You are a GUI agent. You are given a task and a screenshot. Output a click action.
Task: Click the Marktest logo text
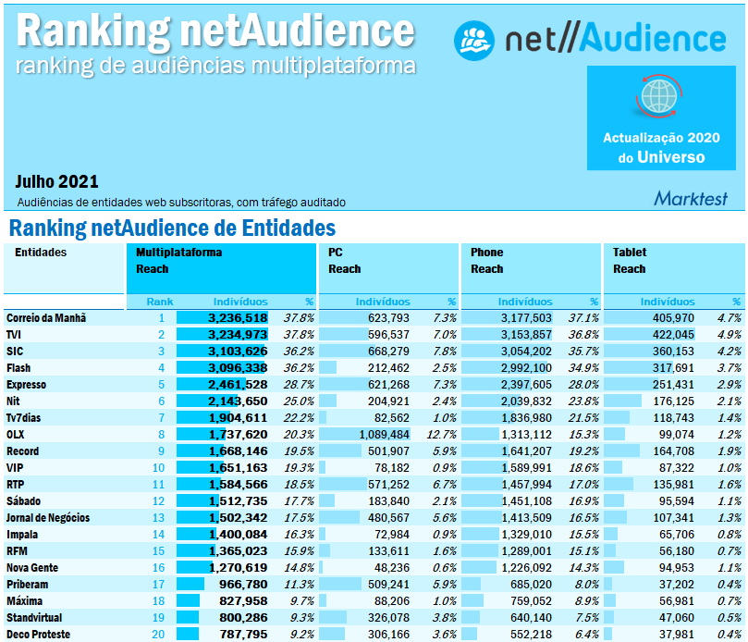click(x=690, y=198)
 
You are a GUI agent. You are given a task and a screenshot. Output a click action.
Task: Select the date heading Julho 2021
click(x=57, y=181)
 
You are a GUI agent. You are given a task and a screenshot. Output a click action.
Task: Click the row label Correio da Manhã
click(x=46, y=317)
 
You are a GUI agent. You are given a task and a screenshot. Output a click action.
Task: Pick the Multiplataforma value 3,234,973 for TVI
click(x=238, y=334)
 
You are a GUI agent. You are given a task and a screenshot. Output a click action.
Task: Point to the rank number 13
click(x=158, y=517)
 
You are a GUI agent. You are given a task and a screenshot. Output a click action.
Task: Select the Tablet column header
click(x=630, y=252)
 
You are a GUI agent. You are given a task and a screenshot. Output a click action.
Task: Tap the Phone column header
click(x=487, y=252)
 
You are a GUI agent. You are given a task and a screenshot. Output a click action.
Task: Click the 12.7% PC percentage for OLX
click(x=443, y=434)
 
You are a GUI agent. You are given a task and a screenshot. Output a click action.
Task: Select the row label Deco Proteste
click(x=38, y=634)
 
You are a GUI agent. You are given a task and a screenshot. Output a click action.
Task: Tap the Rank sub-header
click(x=160, y=302)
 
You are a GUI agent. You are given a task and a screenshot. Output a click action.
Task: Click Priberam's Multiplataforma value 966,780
click(x=241, y=584)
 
